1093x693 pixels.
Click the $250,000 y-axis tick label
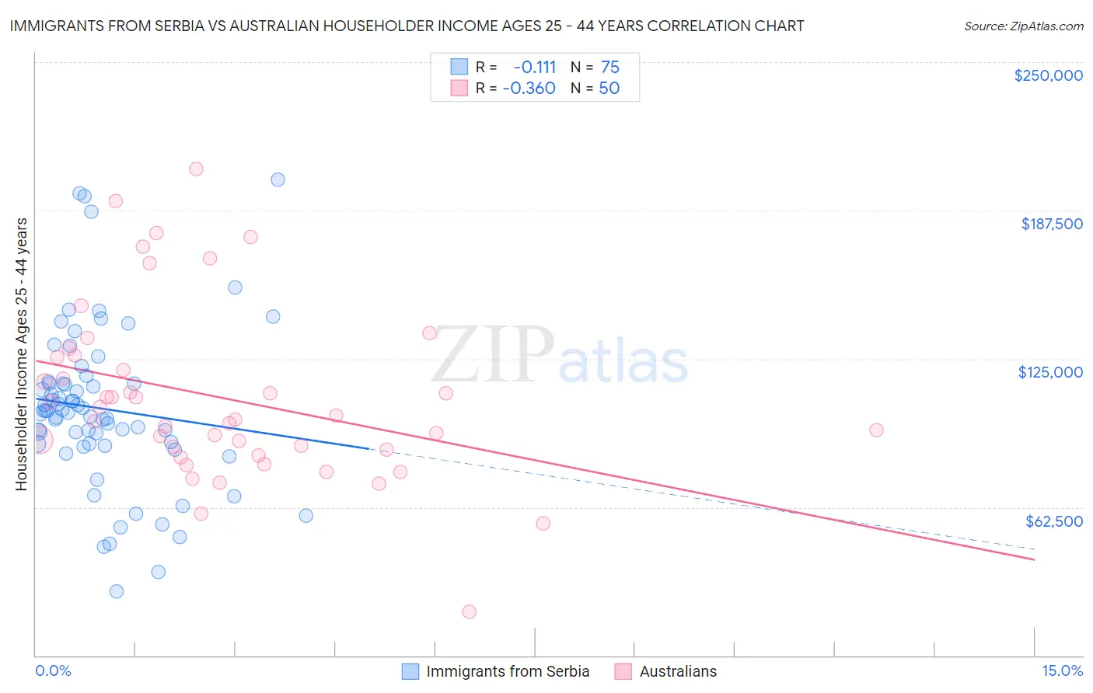pyautogui.click(x=1048, y=75)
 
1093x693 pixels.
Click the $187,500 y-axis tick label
pyautogui.click(x=1051, y=224)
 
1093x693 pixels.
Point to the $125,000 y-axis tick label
pyautogui.click(x=1050, y=372)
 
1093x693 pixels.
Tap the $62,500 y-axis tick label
pyautogui.click(x=1053, y=521)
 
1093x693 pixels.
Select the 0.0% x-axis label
pyautogui.click(x=53, y=670)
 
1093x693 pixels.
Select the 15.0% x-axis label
pyautogui.click(x=1062, y=670)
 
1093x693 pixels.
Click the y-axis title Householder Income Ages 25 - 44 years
pyautogui.click(x=21, y=354)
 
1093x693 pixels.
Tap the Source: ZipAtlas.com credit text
pyautogui.click(x=1023, y=26)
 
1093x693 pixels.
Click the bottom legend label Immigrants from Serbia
pyautogui.click(x=508, y=671)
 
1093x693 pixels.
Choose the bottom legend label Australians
pyautogui.click(x=678, y=671)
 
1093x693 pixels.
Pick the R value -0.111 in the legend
pyautogui.click(x=535, y=67)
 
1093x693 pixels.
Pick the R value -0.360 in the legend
pyautogui.click(x=529, y=88)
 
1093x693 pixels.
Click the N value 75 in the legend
pyautogui.click(x=609, y=67)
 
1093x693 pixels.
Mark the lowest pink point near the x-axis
pyautogui.click(x=469, y=611)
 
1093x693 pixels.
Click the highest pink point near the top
pyautogui.click(x=196, y=169)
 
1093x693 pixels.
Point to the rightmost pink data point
pyautogui.click(x=876, y=430)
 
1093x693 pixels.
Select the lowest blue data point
pyautogui.click(x=117, y=591)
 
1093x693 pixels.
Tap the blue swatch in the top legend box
pyautogui.click(x=459, y=67)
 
